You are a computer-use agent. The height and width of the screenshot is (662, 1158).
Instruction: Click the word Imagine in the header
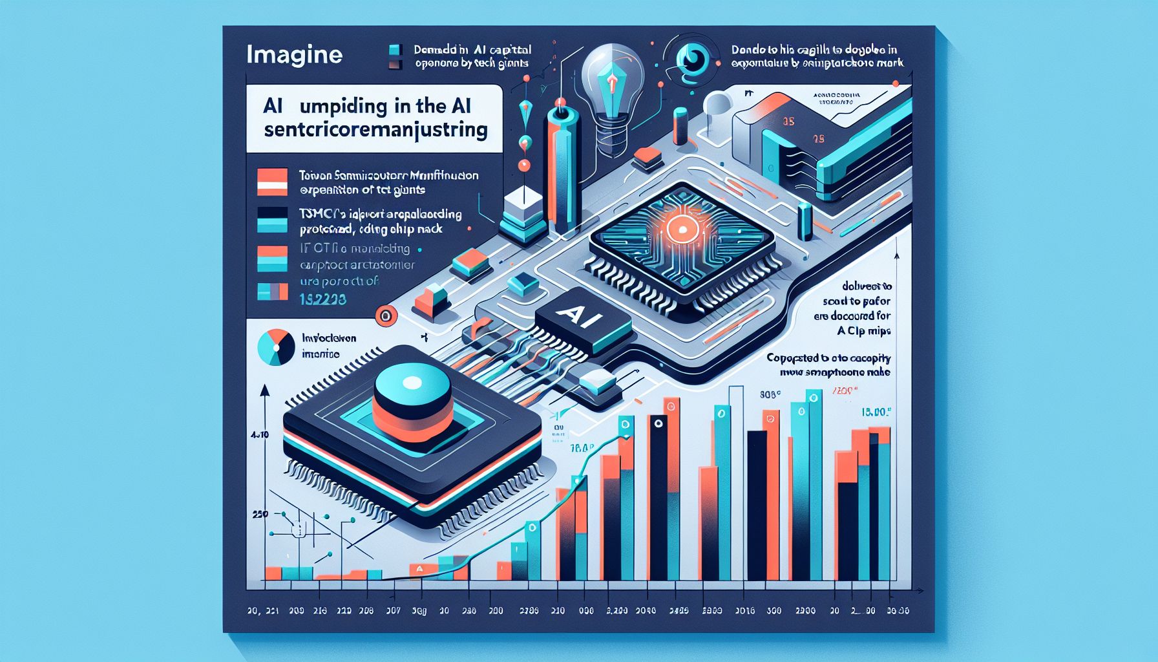click(x=294, y=54)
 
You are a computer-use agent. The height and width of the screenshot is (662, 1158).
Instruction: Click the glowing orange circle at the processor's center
click(x=680, y=230)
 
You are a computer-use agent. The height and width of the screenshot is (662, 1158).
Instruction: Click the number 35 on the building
click(x=788, y=122)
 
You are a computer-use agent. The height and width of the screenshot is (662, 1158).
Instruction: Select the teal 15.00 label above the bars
click(x=877, y=411)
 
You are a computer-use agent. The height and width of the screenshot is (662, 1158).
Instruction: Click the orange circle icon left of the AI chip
click(x=385, y=316)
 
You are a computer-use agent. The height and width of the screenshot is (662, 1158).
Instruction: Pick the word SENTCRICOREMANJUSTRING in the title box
click(x=376, y=129)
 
